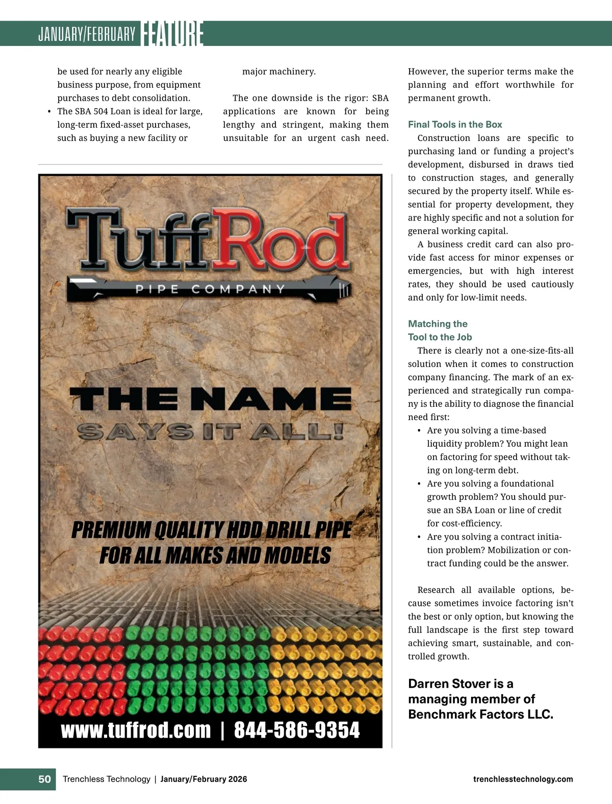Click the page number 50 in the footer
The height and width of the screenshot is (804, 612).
tap(45, 779)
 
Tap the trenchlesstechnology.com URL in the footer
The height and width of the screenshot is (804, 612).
tap(523, 779)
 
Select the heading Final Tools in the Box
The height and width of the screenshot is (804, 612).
tap(455, 125)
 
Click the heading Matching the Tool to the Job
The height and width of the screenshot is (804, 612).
tap(440, 330)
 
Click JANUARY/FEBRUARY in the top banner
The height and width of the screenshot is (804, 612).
tap(87, 35)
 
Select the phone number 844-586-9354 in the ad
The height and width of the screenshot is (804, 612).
tap(297, 730)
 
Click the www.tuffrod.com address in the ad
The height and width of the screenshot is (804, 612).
tap(136, 730)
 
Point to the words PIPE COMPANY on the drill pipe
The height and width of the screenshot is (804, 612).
tap(210, 289)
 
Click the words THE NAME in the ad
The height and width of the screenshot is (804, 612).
tap(210, 398)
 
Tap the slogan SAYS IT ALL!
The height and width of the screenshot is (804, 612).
tap(210, 432)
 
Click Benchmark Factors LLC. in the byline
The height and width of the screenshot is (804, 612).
tap(480, 714)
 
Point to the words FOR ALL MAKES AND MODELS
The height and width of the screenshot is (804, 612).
tap(215, 555)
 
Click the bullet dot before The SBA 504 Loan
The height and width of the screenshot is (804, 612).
tap(49, 112)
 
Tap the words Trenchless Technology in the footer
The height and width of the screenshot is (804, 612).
tap(106, 779)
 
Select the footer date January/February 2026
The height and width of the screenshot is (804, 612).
tap(203, 779)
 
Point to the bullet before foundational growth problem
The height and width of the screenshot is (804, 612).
tap(419, 484)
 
